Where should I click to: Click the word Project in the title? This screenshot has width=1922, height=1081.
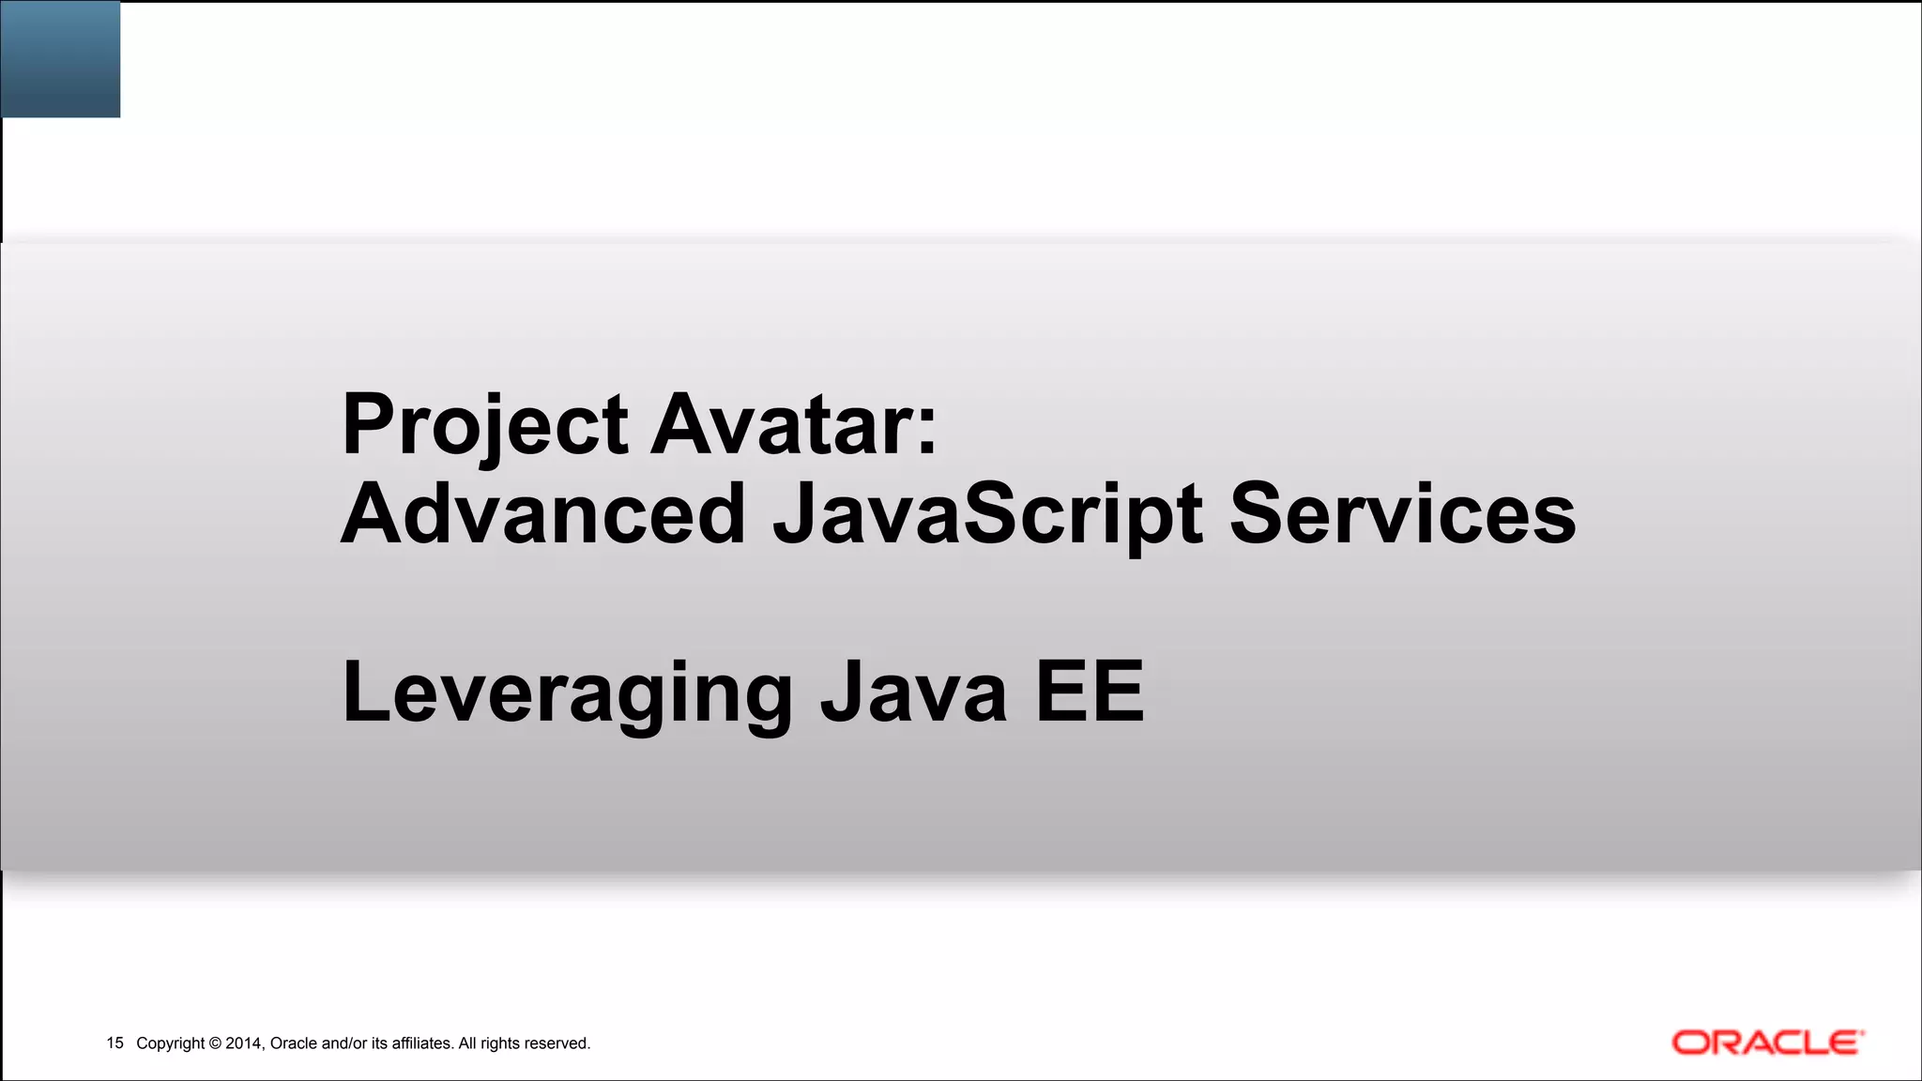click(x=484, y=426)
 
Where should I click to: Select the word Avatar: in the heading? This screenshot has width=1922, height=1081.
click(x=793, y=426)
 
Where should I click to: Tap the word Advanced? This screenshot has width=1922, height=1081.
click(x=542, y=514)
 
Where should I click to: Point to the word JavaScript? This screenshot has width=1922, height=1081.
click(x=987, y=514)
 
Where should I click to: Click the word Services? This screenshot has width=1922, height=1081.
click(x=1402, y=514)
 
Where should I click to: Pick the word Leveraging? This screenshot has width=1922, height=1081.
click(x=568, y=694)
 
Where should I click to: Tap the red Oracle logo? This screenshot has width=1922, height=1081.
click(x=1767, y=1043)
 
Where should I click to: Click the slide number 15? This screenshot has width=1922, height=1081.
click(x=114, y=1043)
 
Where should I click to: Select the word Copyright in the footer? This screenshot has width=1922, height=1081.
click(x=170, y=1043)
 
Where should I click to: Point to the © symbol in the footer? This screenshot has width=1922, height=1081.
click(x=215, y=1043)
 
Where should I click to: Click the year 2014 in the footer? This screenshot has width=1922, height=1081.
click(x=244, y=1043)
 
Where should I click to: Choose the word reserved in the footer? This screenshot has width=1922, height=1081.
click(x=557, y=1043)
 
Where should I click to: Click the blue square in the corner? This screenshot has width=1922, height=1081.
click(x=60, y=58)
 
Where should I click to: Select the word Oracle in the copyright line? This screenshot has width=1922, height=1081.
click(x=294, y=1043)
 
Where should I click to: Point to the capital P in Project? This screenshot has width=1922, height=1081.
click(x=366, y=424)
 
